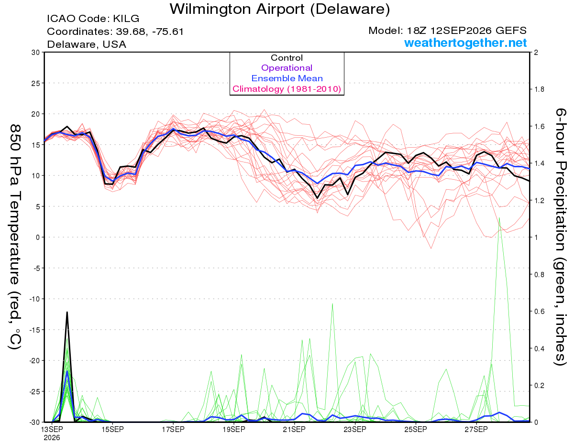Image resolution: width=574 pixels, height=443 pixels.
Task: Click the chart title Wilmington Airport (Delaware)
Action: (280, 9)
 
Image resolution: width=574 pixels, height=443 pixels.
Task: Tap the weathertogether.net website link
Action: (465, 43)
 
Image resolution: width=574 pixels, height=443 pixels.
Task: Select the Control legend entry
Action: (287, 58)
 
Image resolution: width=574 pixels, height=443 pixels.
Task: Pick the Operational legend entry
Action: (287, 68)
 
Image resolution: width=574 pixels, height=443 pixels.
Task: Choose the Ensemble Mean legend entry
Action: (287, 78)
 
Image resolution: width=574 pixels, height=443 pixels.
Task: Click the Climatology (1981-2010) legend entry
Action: (287, 89)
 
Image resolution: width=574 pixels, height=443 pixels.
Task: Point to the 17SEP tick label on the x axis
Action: (173, 430)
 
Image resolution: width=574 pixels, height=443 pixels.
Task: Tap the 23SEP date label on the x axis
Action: (355, 430)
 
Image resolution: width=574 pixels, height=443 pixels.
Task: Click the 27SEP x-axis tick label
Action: (476, 430)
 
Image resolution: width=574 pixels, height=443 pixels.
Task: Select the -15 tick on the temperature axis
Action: (34, 330)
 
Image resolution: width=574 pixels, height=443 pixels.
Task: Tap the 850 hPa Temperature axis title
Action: (15, 237)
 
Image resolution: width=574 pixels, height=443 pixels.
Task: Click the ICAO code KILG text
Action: (93, 19)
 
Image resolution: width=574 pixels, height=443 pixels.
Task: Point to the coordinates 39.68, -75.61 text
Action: (115, 32)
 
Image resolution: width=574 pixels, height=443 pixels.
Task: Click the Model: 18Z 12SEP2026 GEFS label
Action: (447, 31)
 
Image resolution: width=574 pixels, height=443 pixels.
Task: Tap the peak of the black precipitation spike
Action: (67, 312)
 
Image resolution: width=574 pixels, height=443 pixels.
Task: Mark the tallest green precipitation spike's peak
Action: (499, 218)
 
